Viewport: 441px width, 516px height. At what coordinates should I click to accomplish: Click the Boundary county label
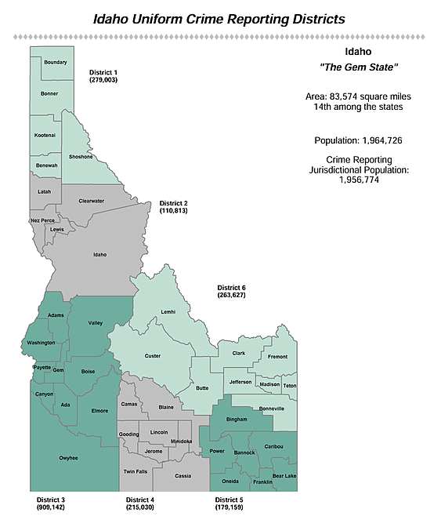pyautogui.click(x=56, y=62)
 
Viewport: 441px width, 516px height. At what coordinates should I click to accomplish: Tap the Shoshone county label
pyautogui.click(x=81, y=155)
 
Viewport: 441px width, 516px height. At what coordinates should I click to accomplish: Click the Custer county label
pyautogui.click(x=153, y=356)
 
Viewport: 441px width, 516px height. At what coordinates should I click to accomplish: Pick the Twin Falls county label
pyautogui.click(x=135, y=471)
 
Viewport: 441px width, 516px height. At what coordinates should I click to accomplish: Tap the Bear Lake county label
pyautogui.click(x=284, y=476)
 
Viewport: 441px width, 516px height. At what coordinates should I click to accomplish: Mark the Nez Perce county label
pyautogui.click(x=42, y=220)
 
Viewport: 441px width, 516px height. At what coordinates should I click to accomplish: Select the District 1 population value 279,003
pyautogui.click(x=103, y=80)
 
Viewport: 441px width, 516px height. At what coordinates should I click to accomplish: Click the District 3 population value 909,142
pyautogui.click(x=51, y=508)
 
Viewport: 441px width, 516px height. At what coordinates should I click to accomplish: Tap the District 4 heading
pyautogui.click(x=141, y=500)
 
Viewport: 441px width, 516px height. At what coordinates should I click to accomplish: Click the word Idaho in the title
pyautogui.click(x=118, y=17)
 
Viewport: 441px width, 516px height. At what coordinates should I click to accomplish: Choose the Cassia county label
pyautogui.click(x=183, y=476)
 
